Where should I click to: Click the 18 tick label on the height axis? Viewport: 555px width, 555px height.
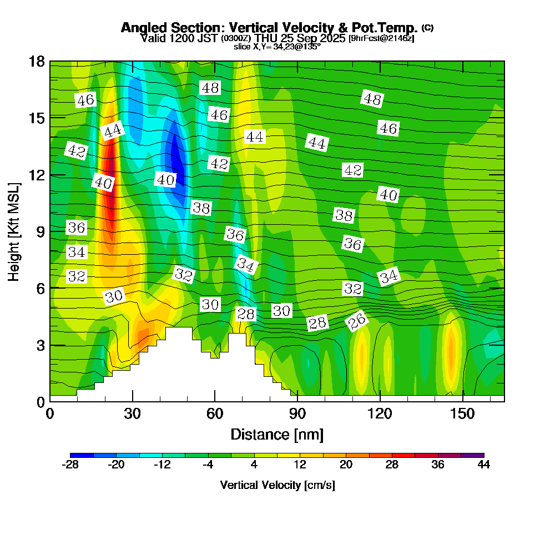coord(37,61)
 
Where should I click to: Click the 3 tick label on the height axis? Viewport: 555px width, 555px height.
coord(40,345)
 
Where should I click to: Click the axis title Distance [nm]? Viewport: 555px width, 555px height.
coord(277,434)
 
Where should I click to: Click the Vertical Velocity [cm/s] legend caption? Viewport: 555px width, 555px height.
coord(277,485)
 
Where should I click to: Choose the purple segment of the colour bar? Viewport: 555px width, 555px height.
coord(472,455)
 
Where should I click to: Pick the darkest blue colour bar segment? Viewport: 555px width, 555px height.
coord(82,455)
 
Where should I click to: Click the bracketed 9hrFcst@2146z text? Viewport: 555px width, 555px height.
coord(381,38)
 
